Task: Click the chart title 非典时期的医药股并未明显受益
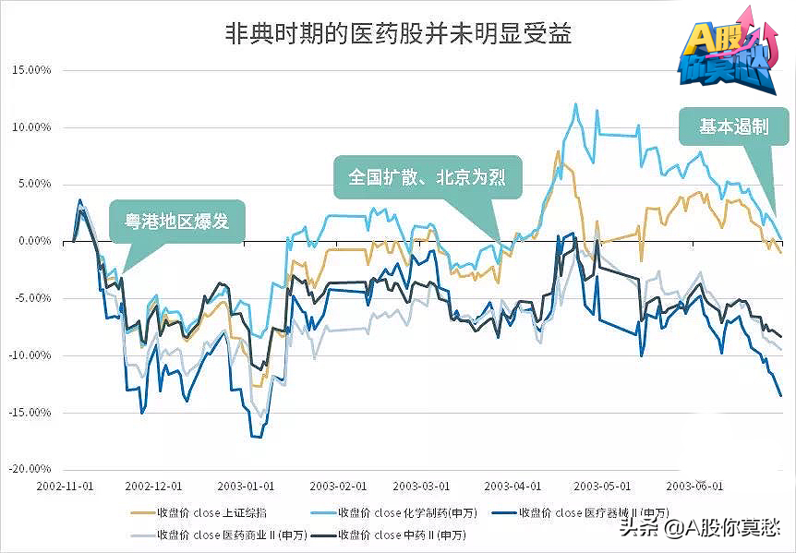[x=398, y=35]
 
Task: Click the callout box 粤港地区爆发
[x=176, y=222]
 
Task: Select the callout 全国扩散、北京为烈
[x=427, y=176]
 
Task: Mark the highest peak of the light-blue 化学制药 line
[x=575, y=104]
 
